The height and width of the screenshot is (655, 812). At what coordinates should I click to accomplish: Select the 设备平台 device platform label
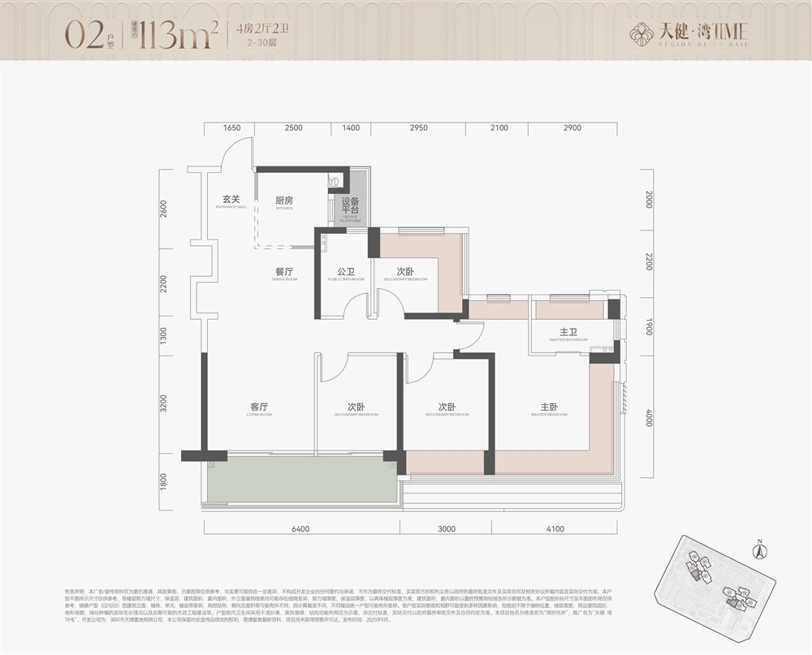pyautogui.click(x=350, y=208)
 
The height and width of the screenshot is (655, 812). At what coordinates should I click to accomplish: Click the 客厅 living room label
pyautogui.click(x=259, y=408)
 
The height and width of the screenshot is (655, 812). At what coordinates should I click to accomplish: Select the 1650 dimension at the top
pyautogui.click(x=232, y=128)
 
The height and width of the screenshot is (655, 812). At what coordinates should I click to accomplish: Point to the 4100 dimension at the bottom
pyautogui.click(x=555, y=529)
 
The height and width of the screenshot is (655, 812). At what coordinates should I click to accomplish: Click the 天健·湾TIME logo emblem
pyautogui.click(x=644, y=34)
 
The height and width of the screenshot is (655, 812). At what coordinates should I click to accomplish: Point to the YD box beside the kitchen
pyautogui.click(x=334, y=182)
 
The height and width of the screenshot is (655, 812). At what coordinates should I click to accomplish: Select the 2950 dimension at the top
pyautogui.click(x=418, y=128)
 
